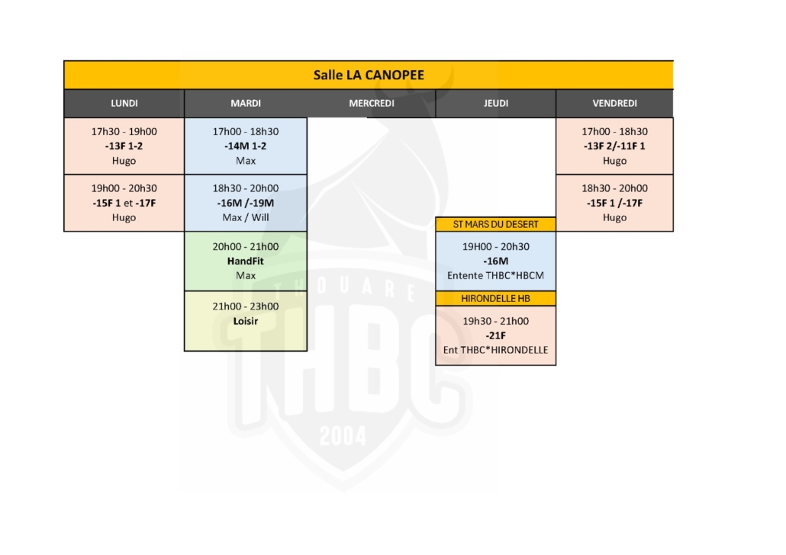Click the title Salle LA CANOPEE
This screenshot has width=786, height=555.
pos(369,75)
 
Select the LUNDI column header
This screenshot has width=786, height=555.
pos(124,104)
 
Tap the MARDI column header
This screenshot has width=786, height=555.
pos(246,104)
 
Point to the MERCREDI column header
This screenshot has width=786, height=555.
pos(372,104)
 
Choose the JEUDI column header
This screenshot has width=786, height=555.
pos(496,104)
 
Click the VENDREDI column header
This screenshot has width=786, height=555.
pos(614,104)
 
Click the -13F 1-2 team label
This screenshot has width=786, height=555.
pos(124,146)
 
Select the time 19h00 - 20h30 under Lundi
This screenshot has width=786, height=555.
pos(124,188)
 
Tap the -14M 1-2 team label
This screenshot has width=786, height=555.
pos(246,146)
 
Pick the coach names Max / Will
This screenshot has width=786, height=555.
pos(246,217)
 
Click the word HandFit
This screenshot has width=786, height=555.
pos(246,261)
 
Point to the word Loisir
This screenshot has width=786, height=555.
pos(246,321)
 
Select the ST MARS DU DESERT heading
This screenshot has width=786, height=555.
pos(496,224)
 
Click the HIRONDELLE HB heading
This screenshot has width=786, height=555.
pos(496,298)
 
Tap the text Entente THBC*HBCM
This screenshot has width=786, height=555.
pos(496,274)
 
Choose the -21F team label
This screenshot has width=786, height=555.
pos(496,335)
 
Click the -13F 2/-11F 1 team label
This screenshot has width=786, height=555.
pos(614,146)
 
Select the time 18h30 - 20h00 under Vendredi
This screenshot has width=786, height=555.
pos(614,188)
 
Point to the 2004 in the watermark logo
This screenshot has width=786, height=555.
pos(343,435)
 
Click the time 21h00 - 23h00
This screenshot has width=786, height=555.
pos(246,306)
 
